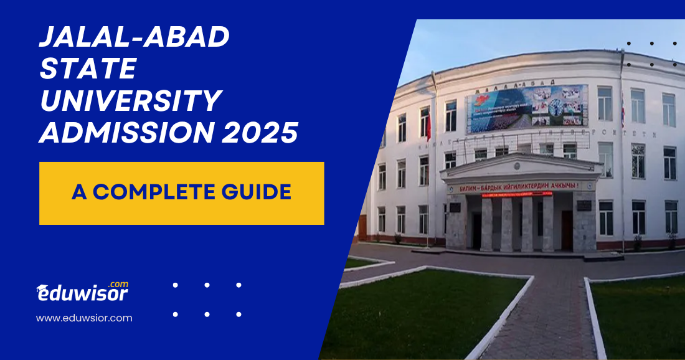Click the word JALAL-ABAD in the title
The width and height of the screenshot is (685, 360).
point(135,39)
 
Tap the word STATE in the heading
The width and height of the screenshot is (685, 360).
point(88,70)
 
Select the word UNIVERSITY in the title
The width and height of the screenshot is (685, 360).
point(131,101)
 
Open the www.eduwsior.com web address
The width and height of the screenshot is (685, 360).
point(84,318)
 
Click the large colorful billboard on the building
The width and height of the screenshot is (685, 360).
point(527,108)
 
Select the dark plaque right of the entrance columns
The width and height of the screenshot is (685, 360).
point(585,206)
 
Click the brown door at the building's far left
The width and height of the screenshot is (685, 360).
point(362,227)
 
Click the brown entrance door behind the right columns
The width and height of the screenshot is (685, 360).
point(566,229)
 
